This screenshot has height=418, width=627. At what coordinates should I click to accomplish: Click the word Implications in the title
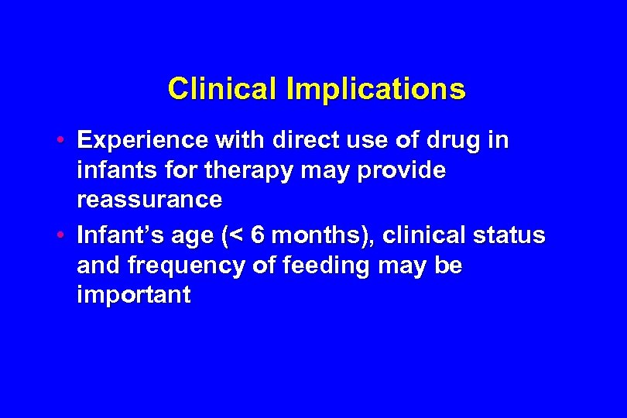coord(376,90)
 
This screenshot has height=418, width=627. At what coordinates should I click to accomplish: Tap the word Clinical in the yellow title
coord(223,89)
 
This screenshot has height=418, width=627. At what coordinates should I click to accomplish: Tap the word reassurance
coord(149,199)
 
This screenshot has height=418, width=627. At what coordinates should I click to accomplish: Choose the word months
coord(310,235)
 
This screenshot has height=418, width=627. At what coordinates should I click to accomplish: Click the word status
coord(509,235)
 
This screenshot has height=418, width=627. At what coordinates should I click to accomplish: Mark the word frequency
coord(190,266)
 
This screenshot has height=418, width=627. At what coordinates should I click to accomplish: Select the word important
coord(133,295)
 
